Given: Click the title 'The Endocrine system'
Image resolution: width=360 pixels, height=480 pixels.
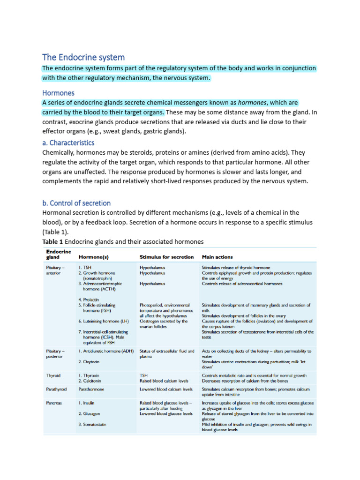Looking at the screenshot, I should (83, 57).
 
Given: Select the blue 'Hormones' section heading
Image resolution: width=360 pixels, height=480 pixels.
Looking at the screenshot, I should (58, 93).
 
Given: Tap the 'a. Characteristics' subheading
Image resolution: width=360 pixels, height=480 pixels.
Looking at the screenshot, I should (68, 142).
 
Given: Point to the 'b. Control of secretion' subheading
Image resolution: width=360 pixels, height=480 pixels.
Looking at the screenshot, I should (76, 203).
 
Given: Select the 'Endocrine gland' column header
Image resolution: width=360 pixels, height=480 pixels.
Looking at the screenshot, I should (59, 254).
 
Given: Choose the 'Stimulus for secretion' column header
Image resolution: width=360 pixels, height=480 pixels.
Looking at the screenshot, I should (166, 257).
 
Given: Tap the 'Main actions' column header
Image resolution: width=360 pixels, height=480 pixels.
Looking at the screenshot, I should (217, 257).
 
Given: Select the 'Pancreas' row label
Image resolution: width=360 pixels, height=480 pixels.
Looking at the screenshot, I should (55, 403).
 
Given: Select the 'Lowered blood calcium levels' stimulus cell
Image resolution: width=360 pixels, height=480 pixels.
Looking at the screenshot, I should (166, 389).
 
